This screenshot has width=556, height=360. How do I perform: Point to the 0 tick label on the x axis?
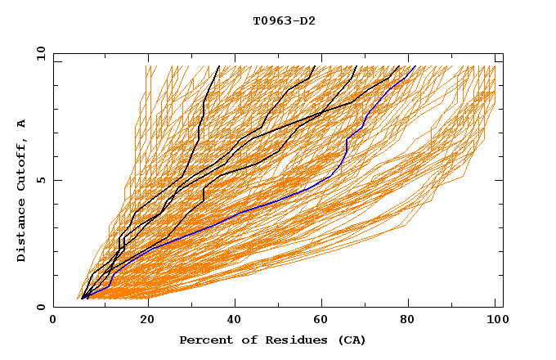[53, 321]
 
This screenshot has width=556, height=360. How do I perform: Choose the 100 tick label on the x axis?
[495, 321]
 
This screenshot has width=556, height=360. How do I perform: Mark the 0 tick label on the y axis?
[40, 308]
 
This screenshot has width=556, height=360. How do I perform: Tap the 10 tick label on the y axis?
[38, 53]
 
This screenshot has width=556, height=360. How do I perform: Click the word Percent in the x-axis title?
[204, 340]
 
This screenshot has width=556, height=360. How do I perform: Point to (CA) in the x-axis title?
[351, 340]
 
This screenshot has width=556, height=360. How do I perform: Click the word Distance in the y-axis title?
[22, 232]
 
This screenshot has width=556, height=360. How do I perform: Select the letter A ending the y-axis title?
[22, 124]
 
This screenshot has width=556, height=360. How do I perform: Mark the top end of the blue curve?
[415, 65]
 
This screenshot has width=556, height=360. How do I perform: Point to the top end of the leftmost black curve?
[219, 65]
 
